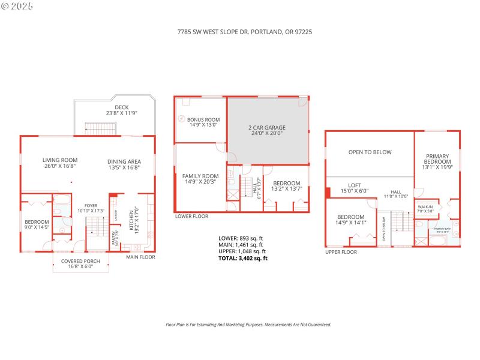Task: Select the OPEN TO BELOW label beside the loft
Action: (370, 152)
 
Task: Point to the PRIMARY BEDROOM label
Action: (437, 158)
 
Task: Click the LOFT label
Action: (354, 185)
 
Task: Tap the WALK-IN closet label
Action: (425, 207)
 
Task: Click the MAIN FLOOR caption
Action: (140, 257)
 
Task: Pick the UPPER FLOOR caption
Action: (341, 252)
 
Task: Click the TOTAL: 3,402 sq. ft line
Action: (242, 258)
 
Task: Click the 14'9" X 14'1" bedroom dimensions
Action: (350, 223)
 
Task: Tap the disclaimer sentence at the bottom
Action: (248, 325)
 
